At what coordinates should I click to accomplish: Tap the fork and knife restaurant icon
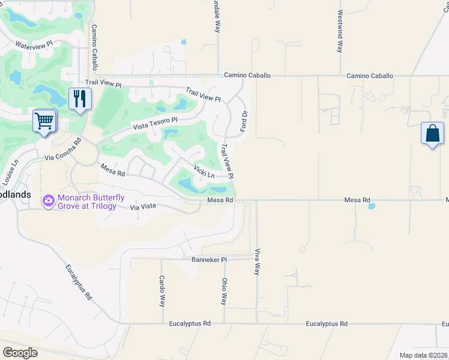pyautogui.click(x=80, y=98)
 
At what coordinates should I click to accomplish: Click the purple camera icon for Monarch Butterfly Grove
pyautogui.click(x=48, y=199)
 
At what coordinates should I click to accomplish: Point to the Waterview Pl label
pyautogui.click(x=34, y=45)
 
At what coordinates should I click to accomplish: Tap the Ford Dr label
pyautogui.click(x=244, y=121)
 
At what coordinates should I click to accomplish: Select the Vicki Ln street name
pyautogui.click(x=204, y=172)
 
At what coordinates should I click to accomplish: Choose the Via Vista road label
pyautogui.click(x=143, y=207)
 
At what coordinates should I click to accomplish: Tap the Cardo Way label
pyautogui.click(x=162, y=291)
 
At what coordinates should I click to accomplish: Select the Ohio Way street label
pyautogui.click(x=224, y=291)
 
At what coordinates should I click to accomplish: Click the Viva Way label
pyautogui.click(x=258, y=262)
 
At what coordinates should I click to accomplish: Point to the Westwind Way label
pyautogui.click(x=340, y=31)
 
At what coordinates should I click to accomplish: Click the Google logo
pyautogui.click(x=20, y=352)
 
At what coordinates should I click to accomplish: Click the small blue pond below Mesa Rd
pyautogui.click(x=372, y=206)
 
